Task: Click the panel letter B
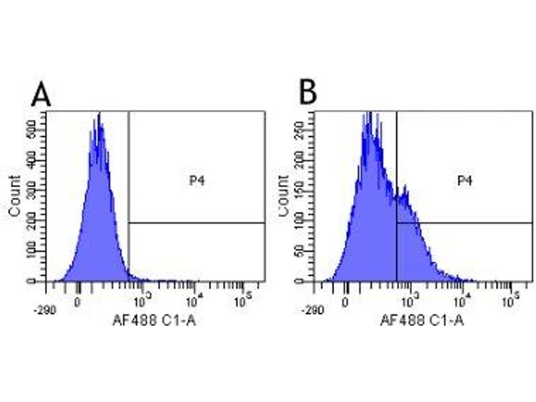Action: [308, 93]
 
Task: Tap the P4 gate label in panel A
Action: [196, 180]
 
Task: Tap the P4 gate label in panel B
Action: [464, 180]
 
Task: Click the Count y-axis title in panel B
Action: [282, 196]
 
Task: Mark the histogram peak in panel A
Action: [99, 115]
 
